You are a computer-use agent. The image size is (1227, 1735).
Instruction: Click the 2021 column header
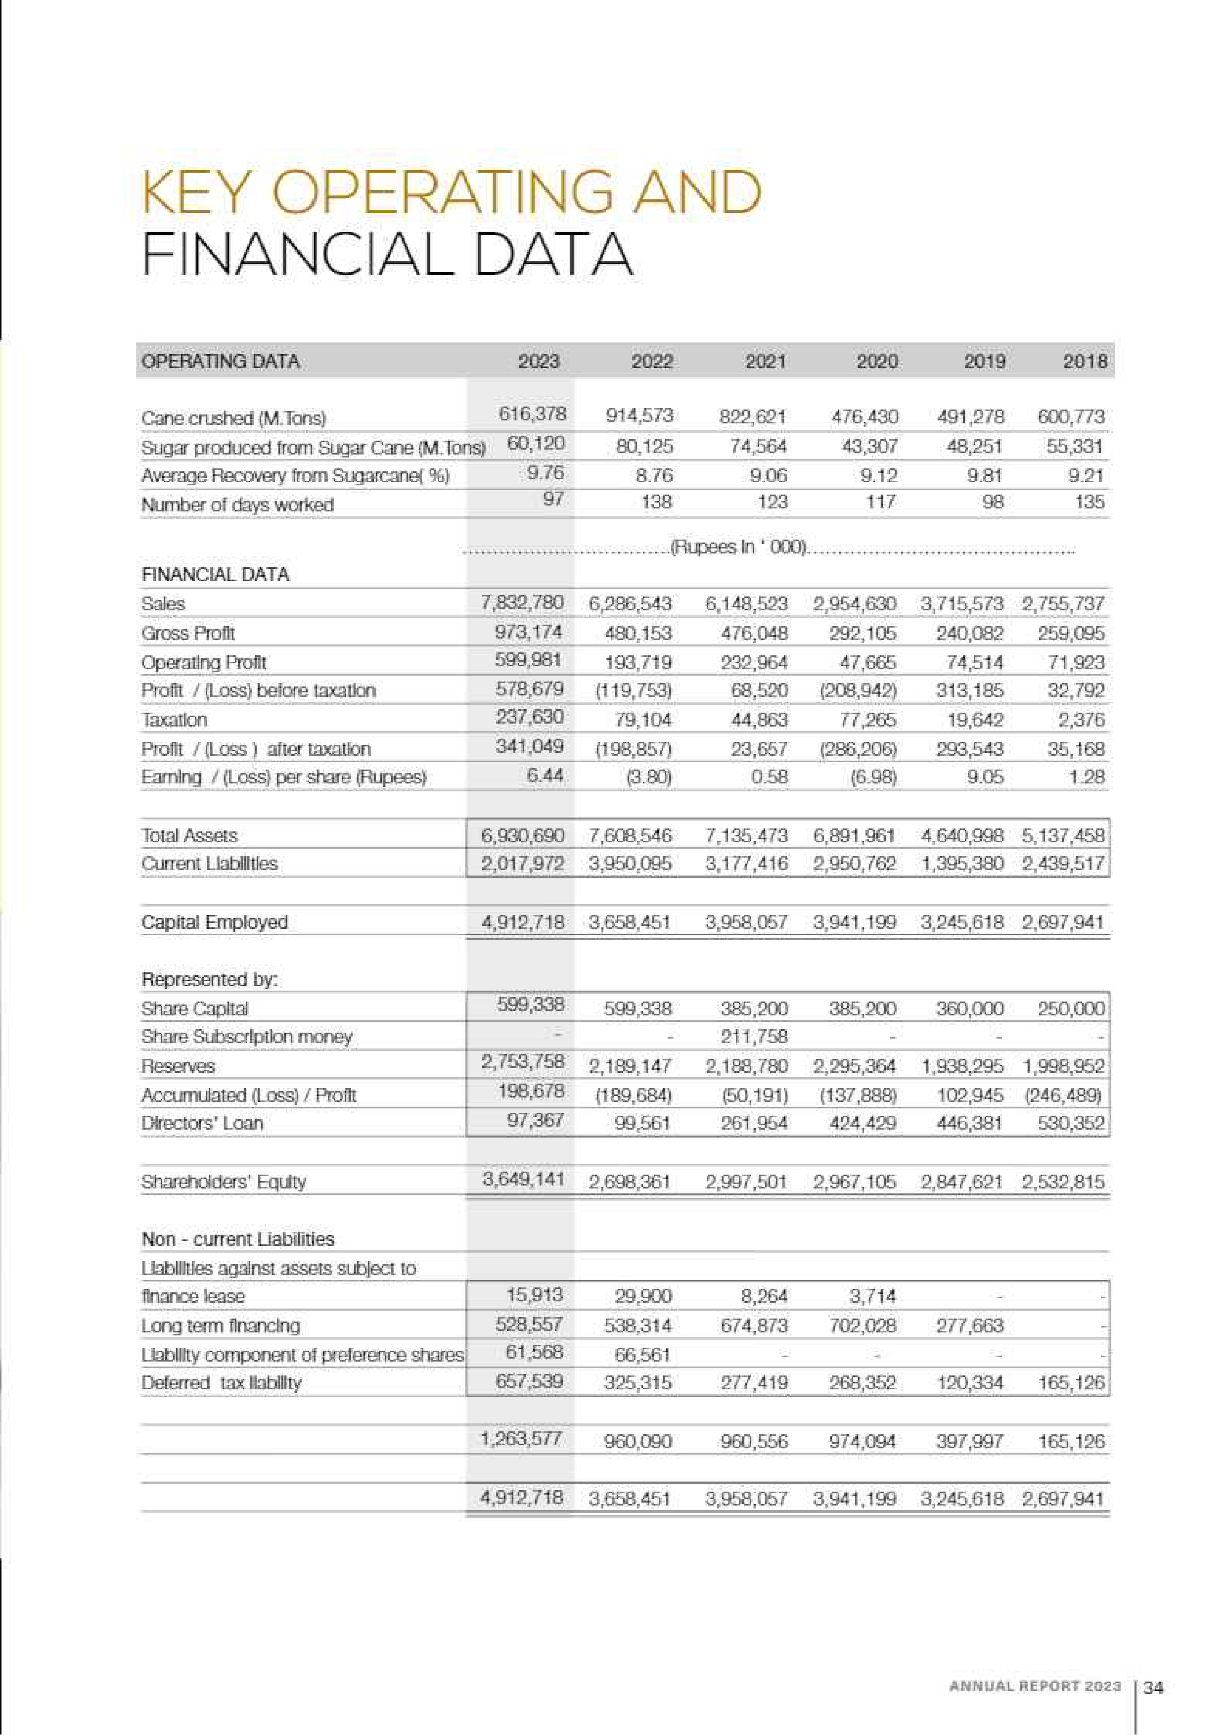766,361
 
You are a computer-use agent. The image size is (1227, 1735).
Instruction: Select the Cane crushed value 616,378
532,413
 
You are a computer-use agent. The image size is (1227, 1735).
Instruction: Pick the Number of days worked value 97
554,499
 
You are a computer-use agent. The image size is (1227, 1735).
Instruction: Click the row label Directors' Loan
202,1123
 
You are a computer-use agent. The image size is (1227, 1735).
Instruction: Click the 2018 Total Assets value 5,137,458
1063,835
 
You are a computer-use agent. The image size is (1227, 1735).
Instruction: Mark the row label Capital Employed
215,922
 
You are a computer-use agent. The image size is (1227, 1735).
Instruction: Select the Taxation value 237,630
529,716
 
